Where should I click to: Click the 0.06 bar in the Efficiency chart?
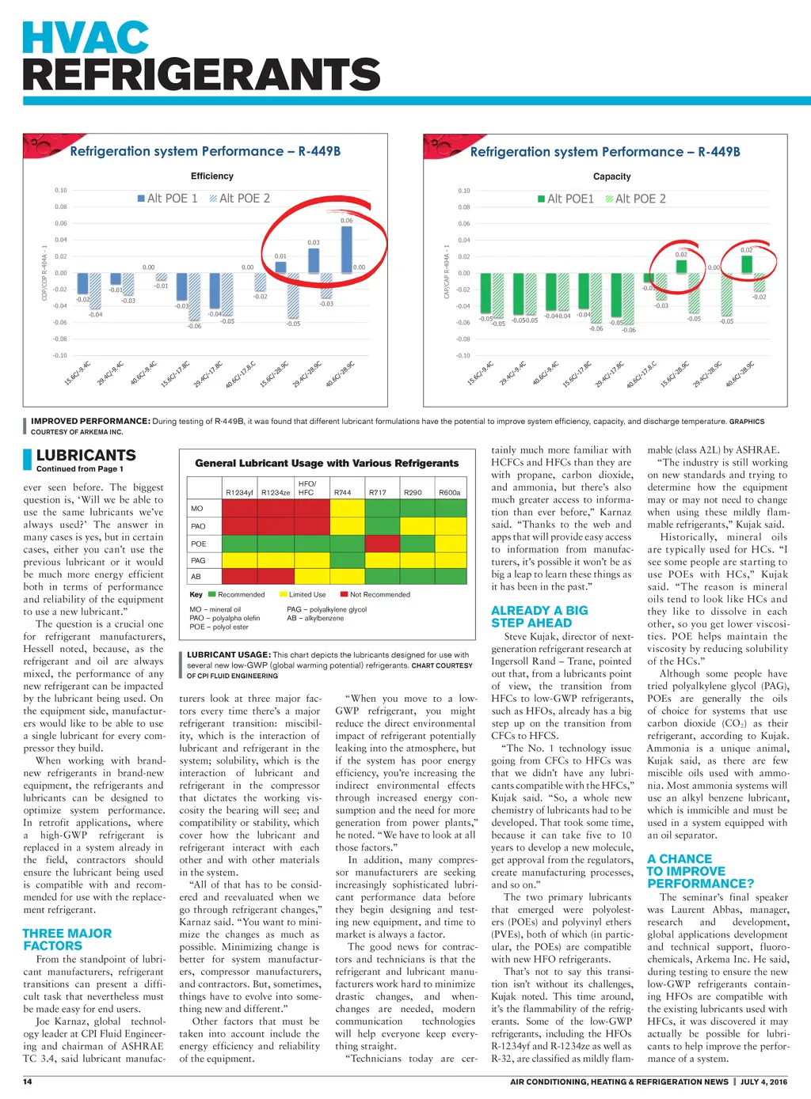click(346, 249)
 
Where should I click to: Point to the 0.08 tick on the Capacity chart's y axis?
click(463, 207)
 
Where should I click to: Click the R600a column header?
click(449, 492)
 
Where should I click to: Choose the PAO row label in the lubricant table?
click(198, 526)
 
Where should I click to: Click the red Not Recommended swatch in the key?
click(345, 594)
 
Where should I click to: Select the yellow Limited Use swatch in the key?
click(283, 594)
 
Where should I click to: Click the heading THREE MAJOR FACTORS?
click(67, 939)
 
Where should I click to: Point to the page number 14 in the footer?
click(28, 1082)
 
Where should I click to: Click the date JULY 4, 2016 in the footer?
click(763, 1082)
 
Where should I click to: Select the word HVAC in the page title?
click(86, 38)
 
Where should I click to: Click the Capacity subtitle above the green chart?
click(611, 176)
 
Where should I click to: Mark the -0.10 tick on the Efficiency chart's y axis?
click(60, 355)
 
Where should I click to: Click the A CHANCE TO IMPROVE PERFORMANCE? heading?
click(700, 871)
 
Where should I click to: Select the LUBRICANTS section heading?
click(86, 455)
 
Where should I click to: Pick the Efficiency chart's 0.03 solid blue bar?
click(314, 260)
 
